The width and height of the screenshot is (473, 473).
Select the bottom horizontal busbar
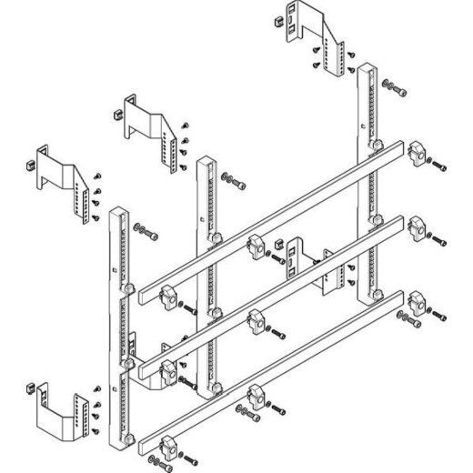pyautogui.click(x=273, y=364)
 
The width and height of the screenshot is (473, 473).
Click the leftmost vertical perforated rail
pyautogui.click(x=118, y=327)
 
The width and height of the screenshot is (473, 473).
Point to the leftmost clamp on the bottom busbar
pyautogui.click(x=168, y=448)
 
